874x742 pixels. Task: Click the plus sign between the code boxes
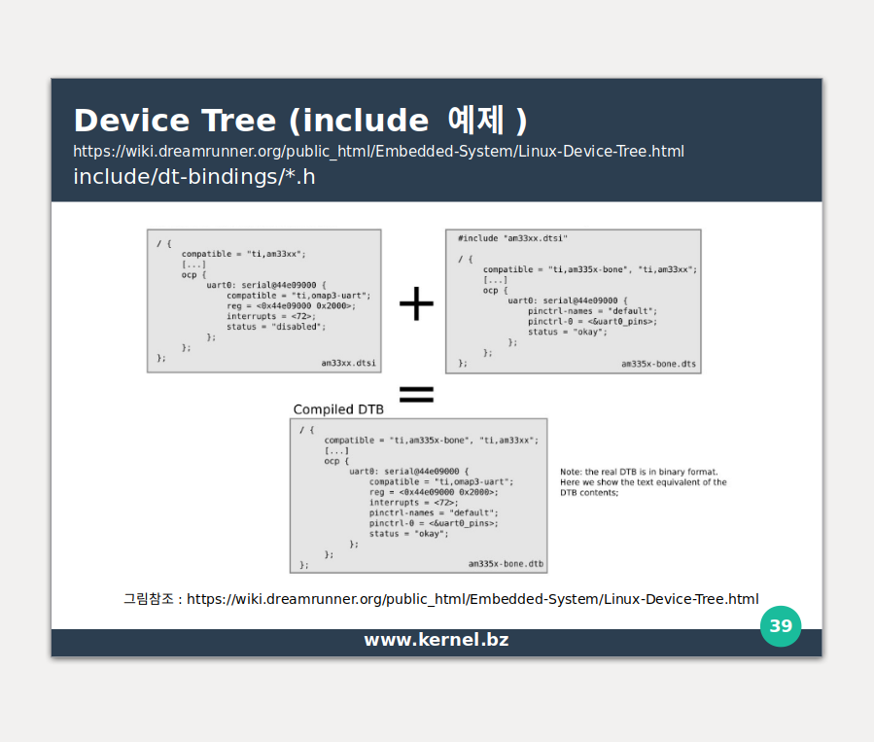(416, 304)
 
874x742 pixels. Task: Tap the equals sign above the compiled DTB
(416, 394)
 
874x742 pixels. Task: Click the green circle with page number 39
(781, 626)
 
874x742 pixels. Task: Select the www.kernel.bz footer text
(437, 640)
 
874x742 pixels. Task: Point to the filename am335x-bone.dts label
(658, 365)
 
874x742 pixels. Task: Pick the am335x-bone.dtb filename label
(506, 564)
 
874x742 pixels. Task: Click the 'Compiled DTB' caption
(338, 409)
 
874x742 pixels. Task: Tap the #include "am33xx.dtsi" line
(512, 238)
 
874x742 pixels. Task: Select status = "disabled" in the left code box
(276, 327)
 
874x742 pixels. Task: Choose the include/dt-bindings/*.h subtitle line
(194, 177)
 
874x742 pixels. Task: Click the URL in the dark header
(379, 152)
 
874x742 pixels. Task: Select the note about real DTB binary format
(643, 482)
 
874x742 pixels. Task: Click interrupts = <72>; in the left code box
(271, 316)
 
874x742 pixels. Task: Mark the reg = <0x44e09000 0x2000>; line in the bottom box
(440, 492)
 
